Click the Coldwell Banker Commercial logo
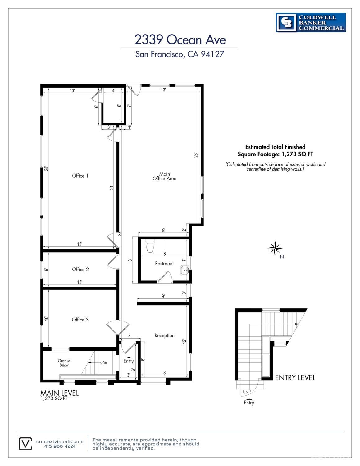click(311, 22)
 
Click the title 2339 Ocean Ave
click(180, 40)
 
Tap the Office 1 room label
click(80, 176)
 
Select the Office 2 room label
click(80, 269)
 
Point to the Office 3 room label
click(80, 320)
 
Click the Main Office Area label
click(164, 176)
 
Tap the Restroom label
click(164, 263)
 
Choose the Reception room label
click(164, 335)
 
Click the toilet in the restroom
click(150, 246)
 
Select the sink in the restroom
click(185, 270)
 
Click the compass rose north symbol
click(275, 248)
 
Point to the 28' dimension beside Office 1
click(46, 168)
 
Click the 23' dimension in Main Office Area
click(195, 155)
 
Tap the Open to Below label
click(64, 363)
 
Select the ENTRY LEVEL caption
click(295, 377)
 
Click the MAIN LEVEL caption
click(59, 393)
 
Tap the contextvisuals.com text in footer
click(60, 441)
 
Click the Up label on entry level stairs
click(245, 392)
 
